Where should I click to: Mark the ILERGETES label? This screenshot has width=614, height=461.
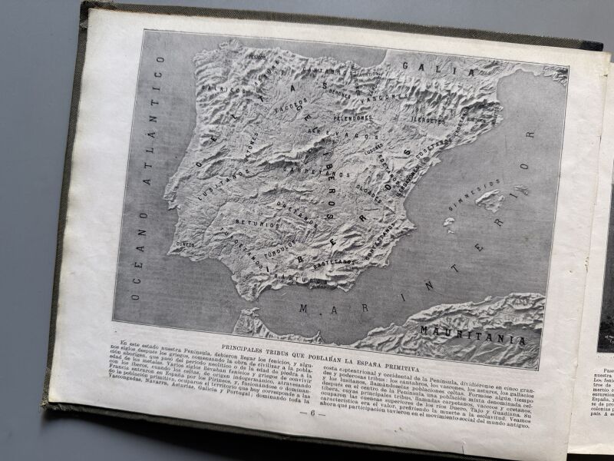coord(428,120)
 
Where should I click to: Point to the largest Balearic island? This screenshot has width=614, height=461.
coord(489,201)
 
